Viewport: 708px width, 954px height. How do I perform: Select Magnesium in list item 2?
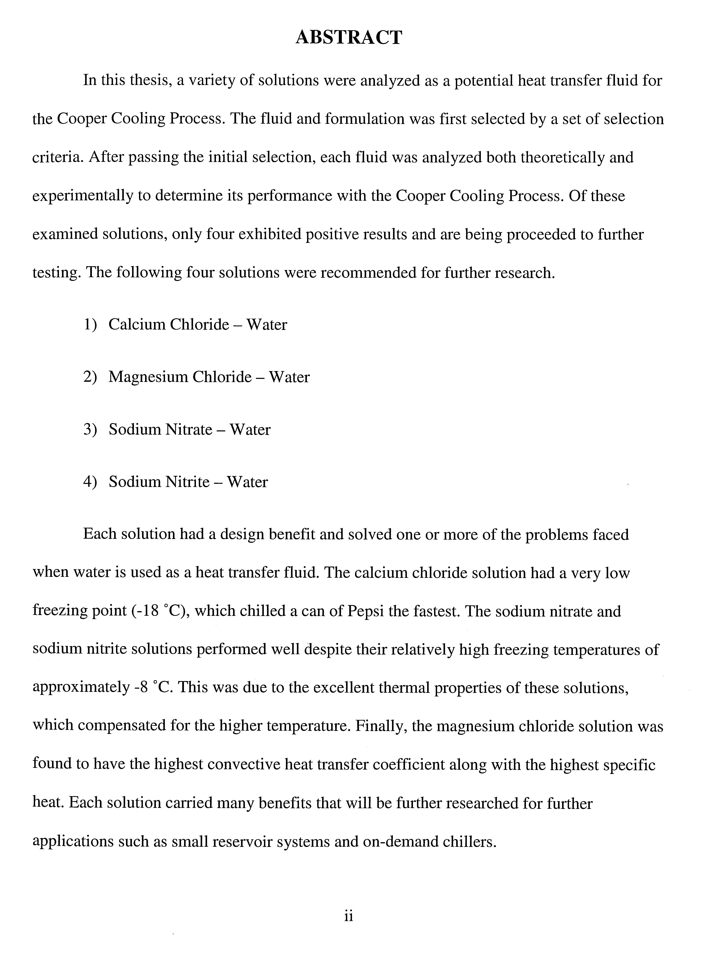point(148,377)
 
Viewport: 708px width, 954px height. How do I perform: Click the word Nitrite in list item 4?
point(187,482)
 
